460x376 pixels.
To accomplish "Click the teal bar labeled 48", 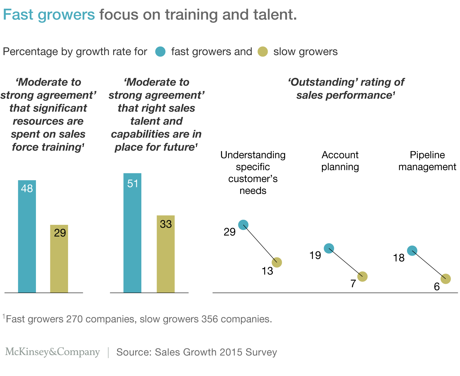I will point(27,236).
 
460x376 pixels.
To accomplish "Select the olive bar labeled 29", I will point(59,259).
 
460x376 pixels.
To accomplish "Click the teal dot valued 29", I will point(243,225).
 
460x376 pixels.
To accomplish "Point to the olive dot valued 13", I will point(277,262).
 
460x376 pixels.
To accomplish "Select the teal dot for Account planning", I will point(329,248).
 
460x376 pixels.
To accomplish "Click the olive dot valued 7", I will point(362,276).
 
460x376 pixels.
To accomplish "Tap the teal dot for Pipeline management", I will point(412,251).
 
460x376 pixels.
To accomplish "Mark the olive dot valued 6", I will point(446,279).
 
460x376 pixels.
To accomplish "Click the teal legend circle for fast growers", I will point(161,51).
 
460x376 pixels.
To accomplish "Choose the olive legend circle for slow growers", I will point(263,51).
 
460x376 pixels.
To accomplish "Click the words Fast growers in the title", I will point(49,15).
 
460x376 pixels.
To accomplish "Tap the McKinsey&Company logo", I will point(52,352).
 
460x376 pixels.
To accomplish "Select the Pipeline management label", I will point(427,161).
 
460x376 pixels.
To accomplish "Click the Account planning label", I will point(340,161).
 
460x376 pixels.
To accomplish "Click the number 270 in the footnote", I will point(74,319).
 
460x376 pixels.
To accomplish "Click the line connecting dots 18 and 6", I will point(429,265).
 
